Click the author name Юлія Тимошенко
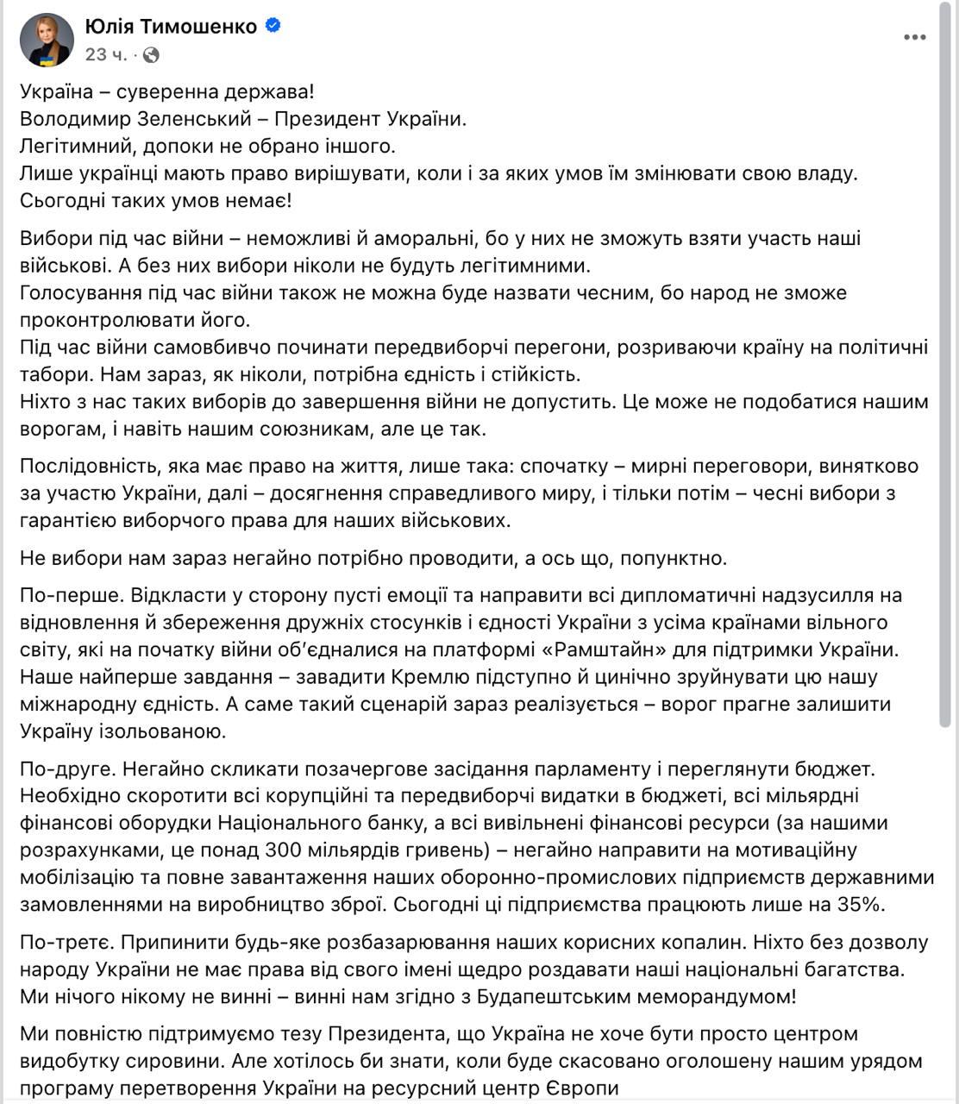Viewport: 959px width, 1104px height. tap(171, 27)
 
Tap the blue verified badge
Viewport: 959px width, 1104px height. tap(273, 27)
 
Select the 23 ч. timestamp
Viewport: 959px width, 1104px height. tap(106, 55)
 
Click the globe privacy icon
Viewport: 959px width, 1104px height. tap(151, 55)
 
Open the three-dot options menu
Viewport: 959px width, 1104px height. tap(915, 37)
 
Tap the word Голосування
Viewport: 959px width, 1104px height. tap(78, 292)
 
